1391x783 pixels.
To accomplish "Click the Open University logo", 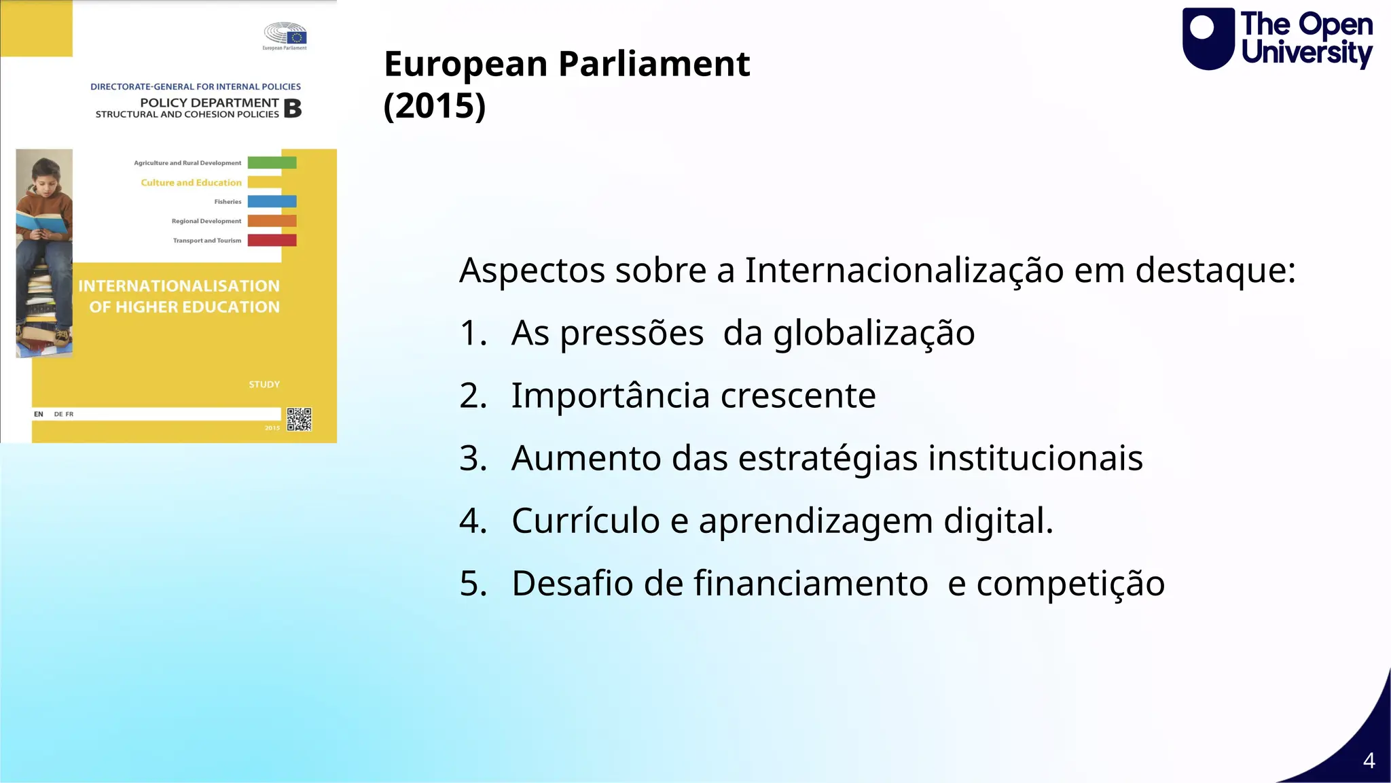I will pos(1277,39).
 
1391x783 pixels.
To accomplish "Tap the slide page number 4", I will pos(1369,760).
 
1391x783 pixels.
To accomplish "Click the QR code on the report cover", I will pos(299,419).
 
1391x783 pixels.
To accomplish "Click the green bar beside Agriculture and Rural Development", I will pos(272,162).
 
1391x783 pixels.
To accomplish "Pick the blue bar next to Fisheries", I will pos(272,201).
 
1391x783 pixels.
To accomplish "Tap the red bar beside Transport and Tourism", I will pos(272,240).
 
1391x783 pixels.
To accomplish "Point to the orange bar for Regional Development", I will pos(272,221).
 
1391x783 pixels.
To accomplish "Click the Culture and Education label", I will pos(191,182).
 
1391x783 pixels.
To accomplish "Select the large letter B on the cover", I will pos(293,108).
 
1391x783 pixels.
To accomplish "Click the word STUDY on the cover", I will pos(264,385).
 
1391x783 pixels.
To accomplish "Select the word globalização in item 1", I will pos(873,333).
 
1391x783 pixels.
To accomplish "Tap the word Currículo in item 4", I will pos(585,521).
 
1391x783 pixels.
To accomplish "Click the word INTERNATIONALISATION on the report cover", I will pos(179,286).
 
